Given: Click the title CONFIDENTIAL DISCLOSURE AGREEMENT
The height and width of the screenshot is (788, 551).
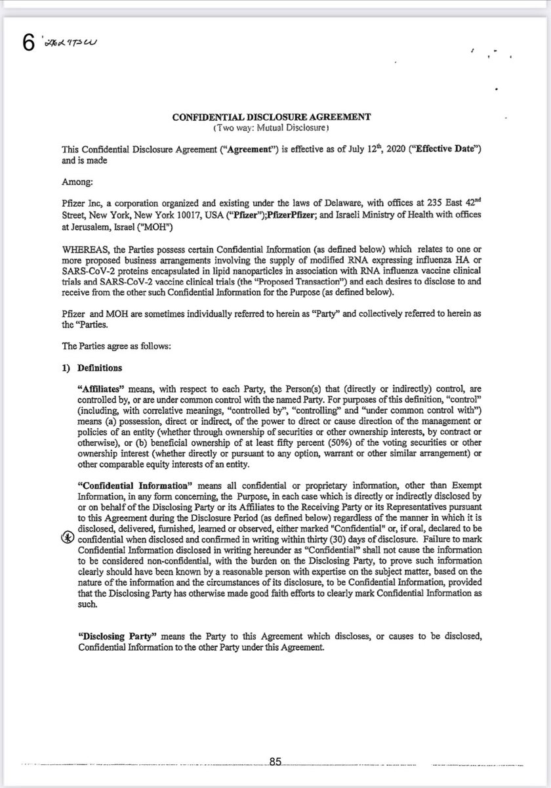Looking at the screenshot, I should point(272,118).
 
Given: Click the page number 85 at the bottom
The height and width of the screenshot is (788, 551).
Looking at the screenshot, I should point(275,762).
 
